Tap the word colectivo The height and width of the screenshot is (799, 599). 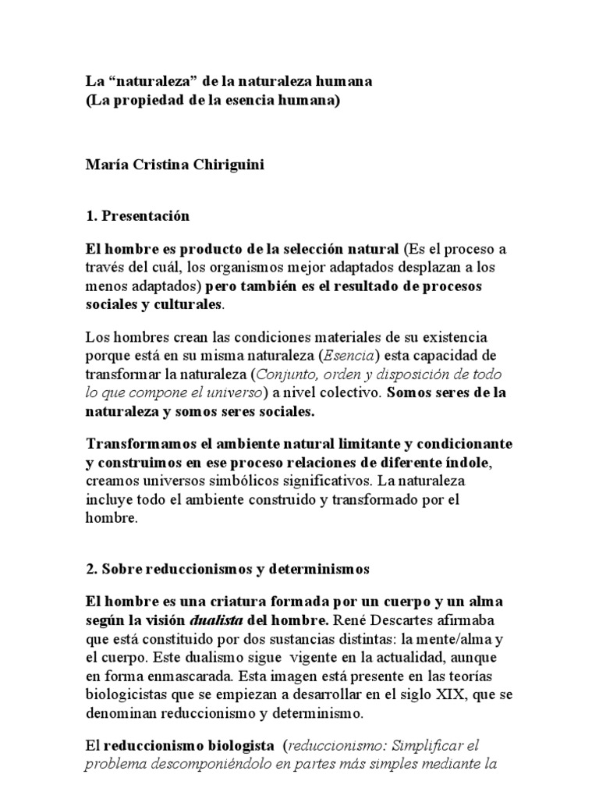(x=344, y=392)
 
